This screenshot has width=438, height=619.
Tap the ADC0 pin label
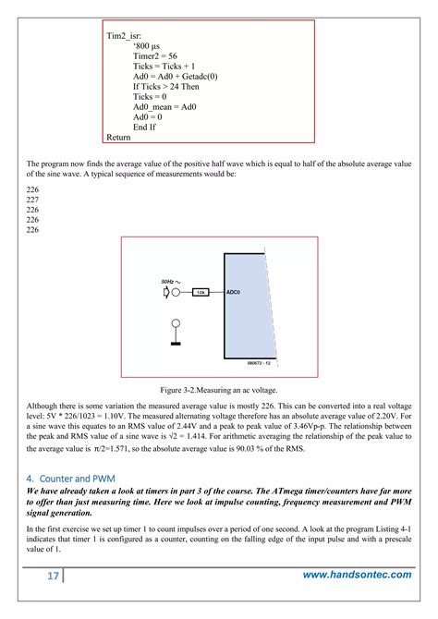(x=233, y=292)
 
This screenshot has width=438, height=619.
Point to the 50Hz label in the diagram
(x=170, y=280)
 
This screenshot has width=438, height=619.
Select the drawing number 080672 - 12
(x=237, y=363)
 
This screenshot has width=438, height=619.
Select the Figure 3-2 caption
(x=219, y=391)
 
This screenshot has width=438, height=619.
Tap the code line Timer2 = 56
(x=155, y=55)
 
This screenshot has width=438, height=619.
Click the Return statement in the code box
(x=118, y=138)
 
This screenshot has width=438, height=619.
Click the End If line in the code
(x=146, y=127)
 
